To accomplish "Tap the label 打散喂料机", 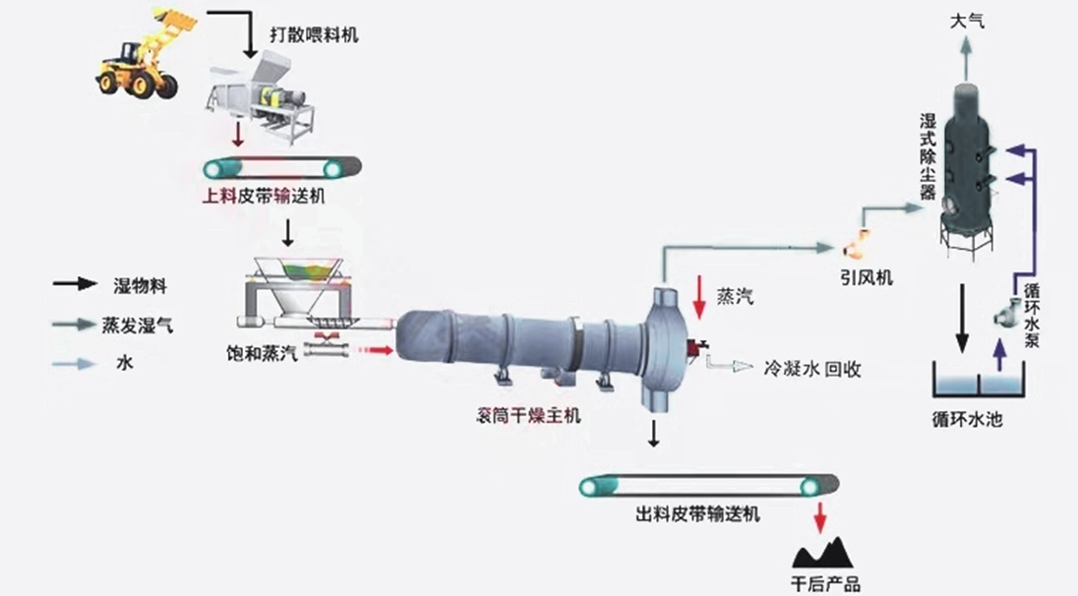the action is point(314,34).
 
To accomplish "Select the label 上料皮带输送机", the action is point(264,196).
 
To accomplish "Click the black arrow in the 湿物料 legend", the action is point(75,283).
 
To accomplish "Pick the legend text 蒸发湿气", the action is point(137,326).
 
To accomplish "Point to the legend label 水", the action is point(125,363).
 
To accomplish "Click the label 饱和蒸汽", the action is point(262,353).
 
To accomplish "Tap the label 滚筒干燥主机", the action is point(529,415).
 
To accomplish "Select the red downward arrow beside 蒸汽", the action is point(699,297).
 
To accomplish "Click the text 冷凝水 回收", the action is point(812,370).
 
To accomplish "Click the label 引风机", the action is point(867,277).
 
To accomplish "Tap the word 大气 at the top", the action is point(967,21).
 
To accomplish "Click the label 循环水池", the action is point(967,419).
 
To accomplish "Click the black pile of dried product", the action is point(822,553).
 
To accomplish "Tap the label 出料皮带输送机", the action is point(697,513).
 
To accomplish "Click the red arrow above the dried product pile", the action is point(818,517).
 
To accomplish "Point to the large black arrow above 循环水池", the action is point(963,319).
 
